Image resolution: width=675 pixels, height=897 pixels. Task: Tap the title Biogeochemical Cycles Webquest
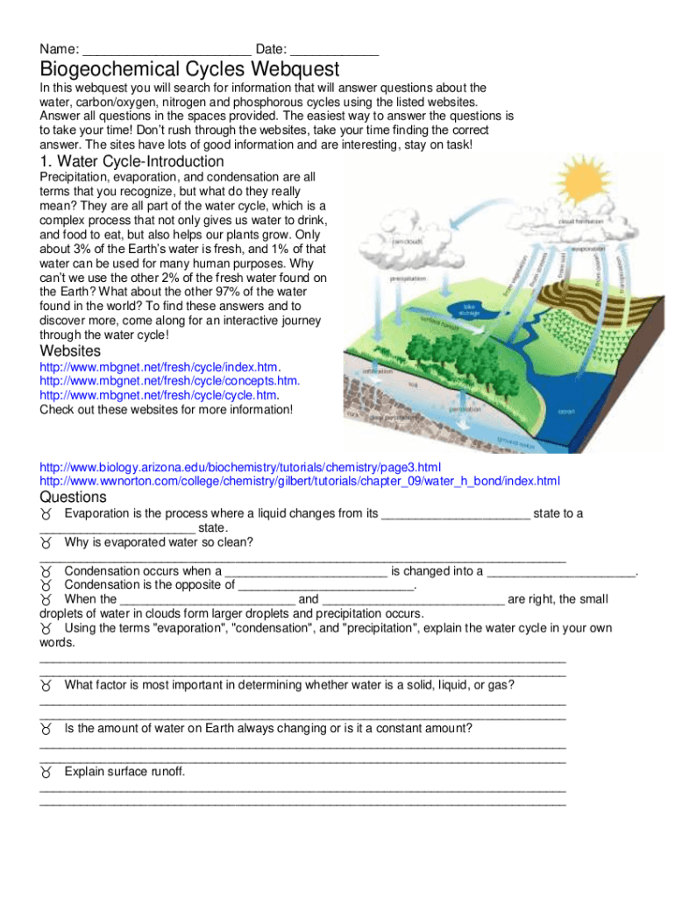189,68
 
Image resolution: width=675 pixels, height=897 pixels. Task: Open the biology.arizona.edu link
240,467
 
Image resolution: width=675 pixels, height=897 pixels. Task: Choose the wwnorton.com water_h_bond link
299,481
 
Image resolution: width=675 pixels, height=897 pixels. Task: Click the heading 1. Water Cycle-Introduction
132,162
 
